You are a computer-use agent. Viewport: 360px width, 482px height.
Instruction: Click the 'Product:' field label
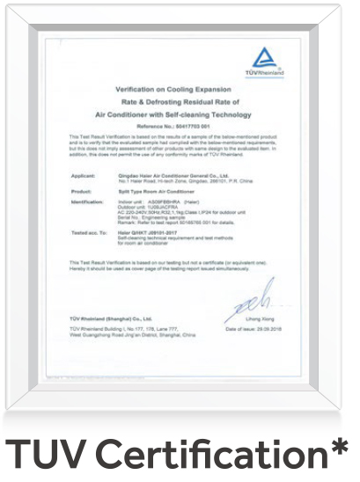coord(82,189)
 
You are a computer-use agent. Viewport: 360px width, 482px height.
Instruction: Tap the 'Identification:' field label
coord(88,201)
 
